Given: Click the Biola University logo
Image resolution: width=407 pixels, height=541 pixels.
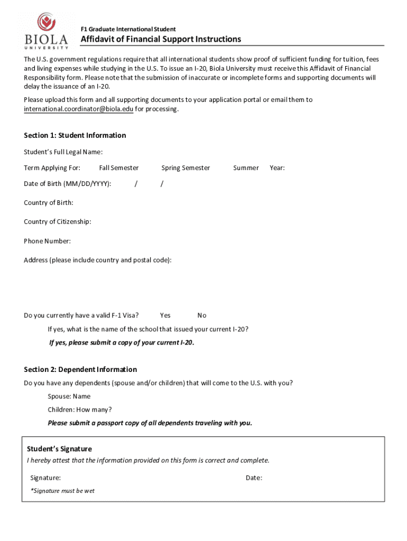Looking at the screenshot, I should [46, 31].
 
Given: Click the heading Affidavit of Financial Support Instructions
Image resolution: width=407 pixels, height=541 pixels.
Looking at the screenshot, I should [161, 40].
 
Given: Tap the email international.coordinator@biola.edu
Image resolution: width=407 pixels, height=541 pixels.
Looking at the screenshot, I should [78, 109].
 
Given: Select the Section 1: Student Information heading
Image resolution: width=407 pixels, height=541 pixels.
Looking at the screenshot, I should [75, 135].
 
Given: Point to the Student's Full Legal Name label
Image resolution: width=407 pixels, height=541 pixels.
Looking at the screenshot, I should [63, 152].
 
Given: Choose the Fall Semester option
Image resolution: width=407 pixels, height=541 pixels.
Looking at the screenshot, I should [118, 168].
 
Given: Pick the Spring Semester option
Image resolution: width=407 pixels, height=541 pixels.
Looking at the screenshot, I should [186, 168].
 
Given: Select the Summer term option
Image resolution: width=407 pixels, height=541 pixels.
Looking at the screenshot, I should [246, 168].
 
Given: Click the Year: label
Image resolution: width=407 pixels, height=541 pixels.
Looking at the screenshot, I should [277, 168].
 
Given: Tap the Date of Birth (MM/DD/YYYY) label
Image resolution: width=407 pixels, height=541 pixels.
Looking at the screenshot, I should [67, 184].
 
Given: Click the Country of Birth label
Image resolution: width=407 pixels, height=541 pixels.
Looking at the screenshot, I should [49, 203].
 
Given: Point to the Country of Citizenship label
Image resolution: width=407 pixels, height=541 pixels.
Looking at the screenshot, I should [57, 222].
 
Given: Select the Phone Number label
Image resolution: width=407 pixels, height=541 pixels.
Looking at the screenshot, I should [47, 241].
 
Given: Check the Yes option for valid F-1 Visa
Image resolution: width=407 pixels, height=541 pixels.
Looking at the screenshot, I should [165, 315].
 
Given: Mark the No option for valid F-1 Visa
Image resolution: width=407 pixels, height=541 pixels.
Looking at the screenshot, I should [202, 315].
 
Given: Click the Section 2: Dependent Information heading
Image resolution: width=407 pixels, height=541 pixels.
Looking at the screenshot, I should [80, 369].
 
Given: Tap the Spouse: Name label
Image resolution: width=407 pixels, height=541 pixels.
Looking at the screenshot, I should [69, 396].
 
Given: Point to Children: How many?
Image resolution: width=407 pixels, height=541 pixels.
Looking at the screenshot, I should [79, 409].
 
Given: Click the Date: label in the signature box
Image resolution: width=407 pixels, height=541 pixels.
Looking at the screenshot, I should [254, 478].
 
